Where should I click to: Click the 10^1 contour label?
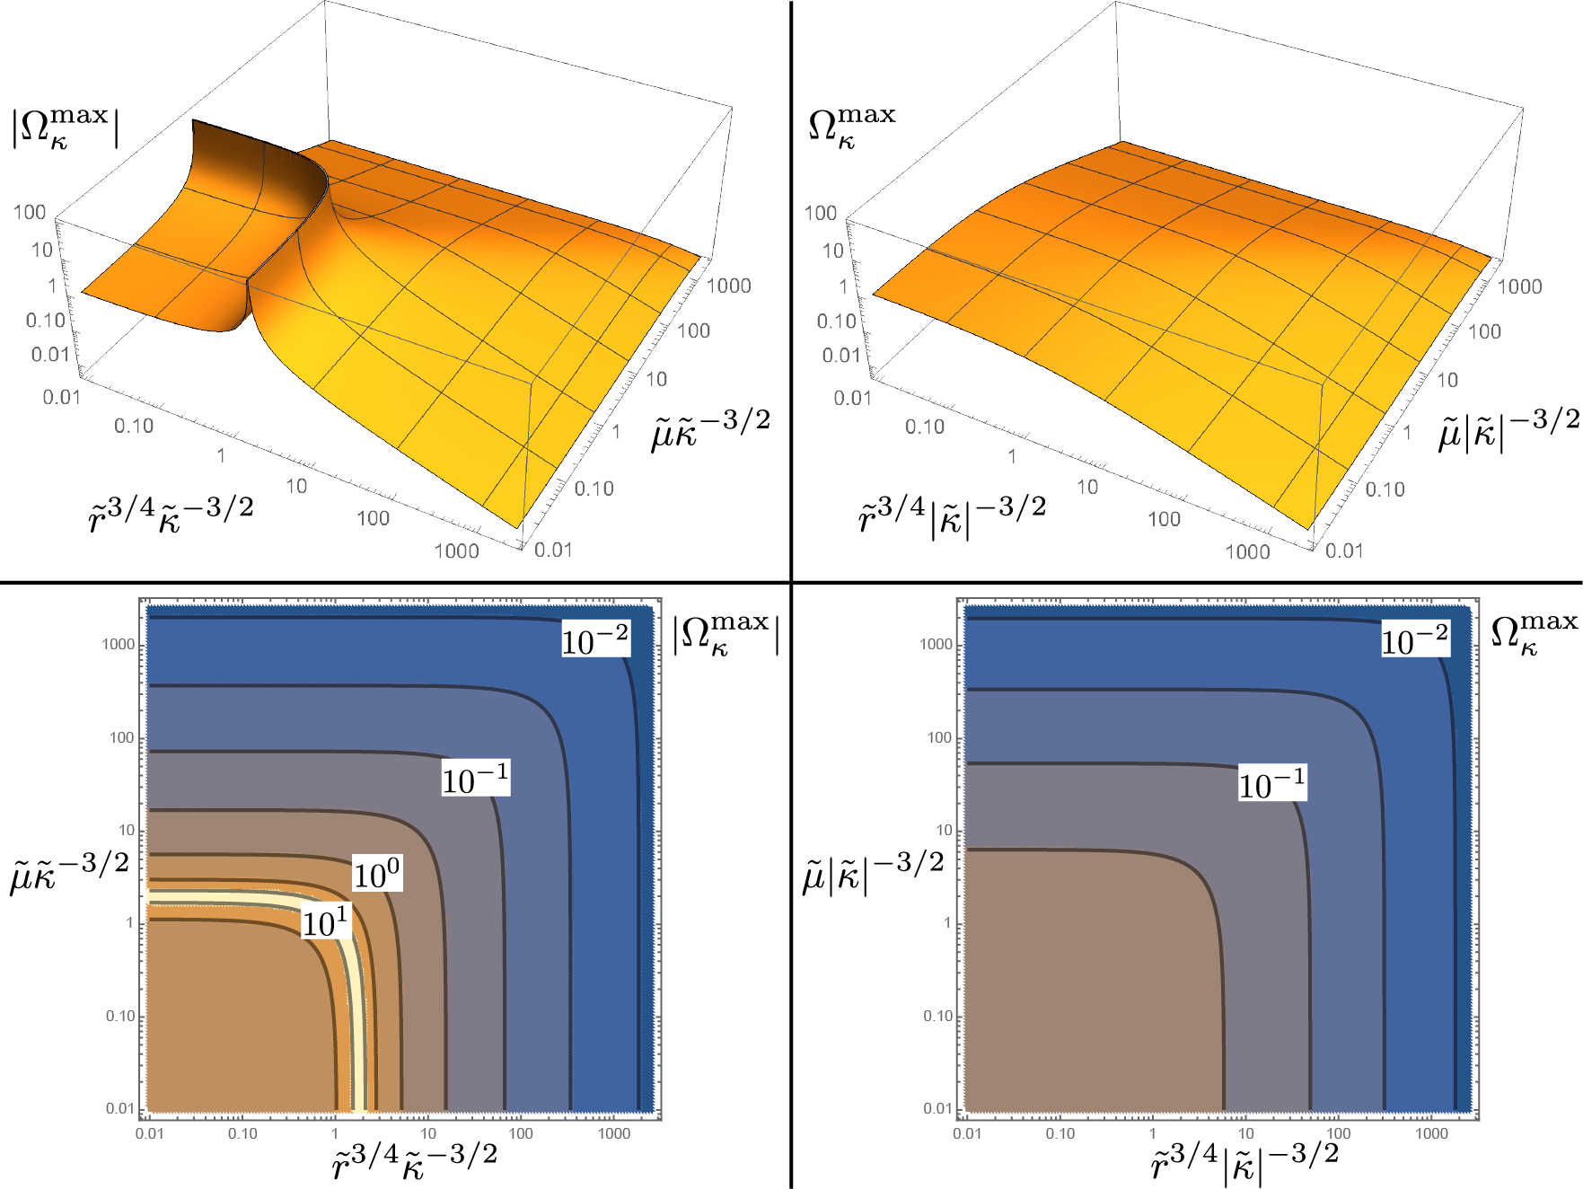point(324,923)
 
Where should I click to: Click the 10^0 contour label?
point(377,874)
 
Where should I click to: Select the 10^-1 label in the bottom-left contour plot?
point(476,778)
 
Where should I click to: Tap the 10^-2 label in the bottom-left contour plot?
point(595,639)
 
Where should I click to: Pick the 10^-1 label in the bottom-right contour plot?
point(1272,782)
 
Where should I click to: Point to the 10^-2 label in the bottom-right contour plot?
point(1415,639)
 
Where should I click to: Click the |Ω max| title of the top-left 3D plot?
point(65,128)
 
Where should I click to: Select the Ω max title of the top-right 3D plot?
point(852,126)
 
